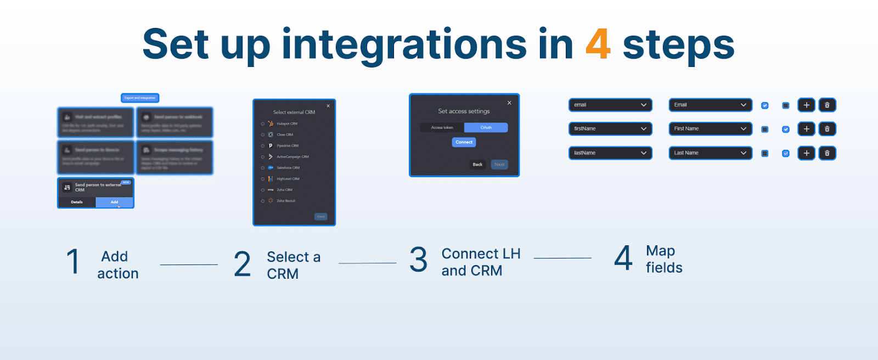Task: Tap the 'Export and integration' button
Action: pyautogui.click(x=140, y=98)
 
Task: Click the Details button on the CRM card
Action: pyautogui.click(x=77, y=202)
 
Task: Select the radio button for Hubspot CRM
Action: pyautogui.click(x=263, y=124)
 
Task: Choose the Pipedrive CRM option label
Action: pyautogui.click(x=288, y=146)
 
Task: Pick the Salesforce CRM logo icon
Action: pyautogui.click(x=271, y=168)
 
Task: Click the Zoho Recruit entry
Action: pyautogui.click(x=286, y=201)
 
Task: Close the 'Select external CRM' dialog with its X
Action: pyautogui.click(x=328, y=106)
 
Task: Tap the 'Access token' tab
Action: pyautogui.click(x=442, y=127)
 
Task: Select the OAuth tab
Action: pyautogui.click(x=486, y=127)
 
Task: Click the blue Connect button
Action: pyautogui.click(x=464, y=142)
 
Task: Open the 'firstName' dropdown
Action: pyautogui.click(x=610, y=128)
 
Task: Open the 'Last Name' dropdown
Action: pyautogui.click(x=710, y=153)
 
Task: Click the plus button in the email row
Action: pyautogui.click(x=806, y=105)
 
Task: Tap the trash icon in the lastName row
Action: pyautogui.click(x=827, y=153)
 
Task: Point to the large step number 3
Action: pyautogui.click(x=418, y=260)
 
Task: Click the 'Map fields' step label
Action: pyautogui.click(x=663, y=259)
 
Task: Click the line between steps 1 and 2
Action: pyautogui.click(x=189, y=265)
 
